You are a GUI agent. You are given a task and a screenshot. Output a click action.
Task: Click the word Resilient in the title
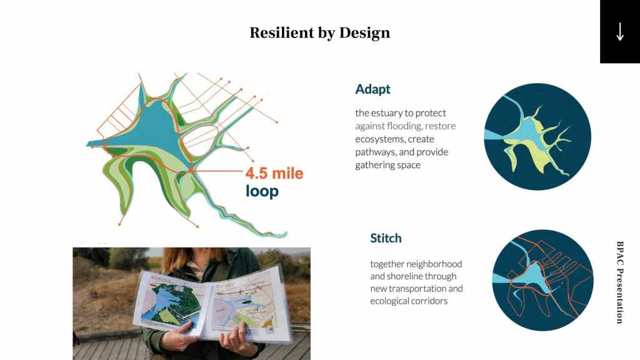click(x=282, y=32)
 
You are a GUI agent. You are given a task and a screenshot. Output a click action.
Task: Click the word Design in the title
click(x=364, y=33)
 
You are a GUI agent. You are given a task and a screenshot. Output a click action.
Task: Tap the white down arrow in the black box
click(x=620, y=32)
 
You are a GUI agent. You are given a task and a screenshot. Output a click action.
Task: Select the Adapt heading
click(x=372, y=89)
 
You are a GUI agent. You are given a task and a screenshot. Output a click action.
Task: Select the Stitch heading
click(x=386, y=238)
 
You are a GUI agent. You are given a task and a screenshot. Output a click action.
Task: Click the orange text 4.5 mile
click(x=274, y=173)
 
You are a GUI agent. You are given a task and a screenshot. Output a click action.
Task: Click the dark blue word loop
click(x=262, y=191)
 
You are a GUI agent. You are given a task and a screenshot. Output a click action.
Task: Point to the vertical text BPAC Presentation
click(x=619, y=282)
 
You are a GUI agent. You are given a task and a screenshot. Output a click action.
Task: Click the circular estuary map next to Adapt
click(x=537, y=137)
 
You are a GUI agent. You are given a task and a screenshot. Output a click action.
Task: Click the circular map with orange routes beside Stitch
click(x=543, y=280)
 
